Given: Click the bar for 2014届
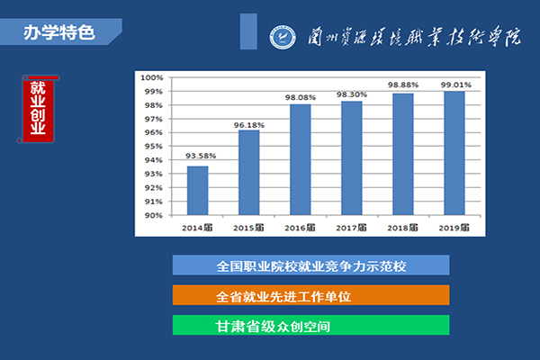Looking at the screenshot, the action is (197, 191).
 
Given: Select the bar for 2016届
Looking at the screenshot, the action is (301, 159).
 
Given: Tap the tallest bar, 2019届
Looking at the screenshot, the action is (454, 153).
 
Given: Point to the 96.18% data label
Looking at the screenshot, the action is (249, 125).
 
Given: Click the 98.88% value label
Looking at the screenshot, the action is (403, 85).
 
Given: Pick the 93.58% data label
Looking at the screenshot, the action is (201, 156).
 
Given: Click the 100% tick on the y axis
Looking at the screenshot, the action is (151, 77).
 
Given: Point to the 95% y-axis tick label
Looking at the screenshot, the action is (154, 147).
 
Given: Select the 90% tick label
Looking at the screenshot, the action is (154, 215).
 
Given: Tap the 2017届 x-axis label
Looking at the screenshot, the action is (351, 228).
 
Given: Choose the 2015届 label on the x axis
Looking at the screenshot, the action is (248, 228).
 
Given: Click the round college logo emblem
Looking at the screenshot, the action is (283, 37).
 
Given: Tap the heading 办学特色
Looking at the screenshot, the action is (58, 32).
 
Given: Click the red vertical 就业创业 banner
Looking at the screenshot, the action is (38, 109).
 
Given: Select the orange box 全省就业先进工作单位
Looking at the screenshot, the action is (311, 295).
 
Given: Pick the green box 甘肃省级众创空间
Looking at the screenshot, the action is (311, 325).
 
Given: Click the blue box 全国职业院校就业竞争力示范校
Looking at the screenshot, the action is (311, 265).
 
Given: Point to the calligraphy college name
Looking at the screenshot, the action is (414, 36).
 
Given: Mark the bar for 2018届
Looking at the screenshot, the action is (403, 154).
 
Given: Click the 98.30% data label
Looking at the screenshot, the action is (352, 94).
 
